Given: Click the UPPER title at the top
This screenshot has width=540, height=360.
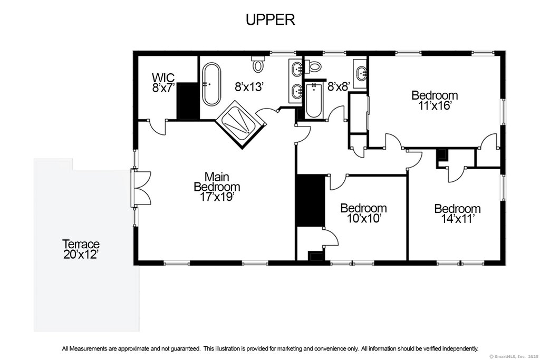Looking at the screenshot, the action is click(271, 20).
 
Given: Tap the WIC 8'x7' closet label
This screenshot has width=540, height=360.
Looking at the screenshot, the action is click(163, 83).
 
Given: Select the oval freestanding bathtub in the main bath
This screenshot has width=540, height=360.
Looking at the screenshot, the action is click(211, 84).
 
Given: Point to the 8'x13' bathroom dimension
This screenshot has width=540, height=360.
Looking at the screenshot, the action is click(249, 87).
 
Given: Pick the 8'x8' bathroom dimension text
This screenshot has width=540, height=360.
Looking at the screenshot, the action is click(339, 86).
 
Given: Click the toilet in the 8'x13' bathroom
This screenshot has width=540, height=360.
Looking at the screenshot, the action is click(258, 64).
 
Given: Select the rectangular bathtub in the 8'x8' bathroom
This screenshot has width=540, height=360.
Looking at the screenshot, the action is click(313, 100).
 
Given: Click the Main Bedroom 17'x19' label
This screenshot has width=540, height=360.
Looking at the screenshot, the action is click(217, 187).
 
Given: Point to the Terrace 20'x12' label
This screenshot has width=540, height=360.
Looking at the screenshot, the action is click(81, 249).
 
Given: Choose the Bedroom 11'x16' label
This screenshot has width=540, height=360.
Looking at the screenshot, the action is click(435, 100).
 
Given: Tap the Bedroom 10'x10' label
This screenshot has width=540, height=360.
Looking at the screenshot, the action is click(363, 213).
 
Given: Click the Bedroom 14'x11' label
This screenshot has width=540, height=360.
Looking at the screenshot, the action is click(457, 213).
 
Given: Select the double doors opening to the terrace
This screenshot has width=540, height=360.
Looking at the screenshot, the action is click(141, 188).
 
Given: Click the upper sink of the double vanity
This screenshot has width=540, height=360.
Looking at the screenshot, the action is click(296, 69).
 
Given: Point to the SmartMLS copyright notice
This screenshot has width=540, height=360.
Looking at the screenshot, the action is click(514, 356).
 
